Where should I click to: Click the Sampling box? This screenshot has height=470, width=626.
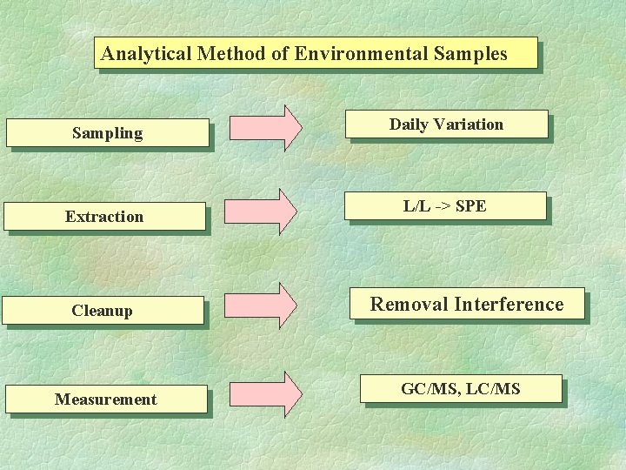pyautogui.click(x=108, y=133)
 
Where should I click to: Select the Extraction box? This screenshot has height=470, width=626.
pyautogui.click(x=104, y=217)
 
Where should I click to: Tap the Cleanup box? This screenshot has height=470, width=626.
pyautogui.click(x=103, y=311)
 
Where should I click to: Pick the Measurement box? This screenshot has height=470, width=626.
pyautogui.click(x=106, y=399)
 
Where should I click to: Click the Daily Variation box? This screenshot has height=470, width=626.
pyautogui.click(x=447, y=124)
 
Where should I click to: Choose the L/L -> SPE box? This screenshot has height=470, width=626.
pyautogui.click(x=445, y=206)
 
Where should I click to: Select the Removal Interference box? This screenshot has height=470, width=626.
pyautogui.click(x=467, y=304)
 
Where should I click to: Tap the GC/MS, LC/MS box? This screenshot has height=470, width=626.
pyautogui.click(x=461, y=389)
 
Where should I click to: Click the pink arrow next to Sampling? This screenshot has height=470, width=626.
pyautogui.click(x=266, y=128)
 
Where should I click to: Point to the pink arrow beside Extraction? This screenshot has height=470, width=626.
pyautogui.click(x=261, y=211)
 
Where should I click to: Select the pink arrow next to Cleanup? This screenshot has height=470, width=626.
pyautogui.click(x=261, y=305)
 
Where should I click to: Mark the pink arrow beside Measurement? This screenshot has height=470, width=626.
pyautogui.click(x=266, y=394)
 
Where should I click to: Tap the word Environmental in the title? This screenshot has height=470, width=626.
pyautogui.click(x=361, y=53)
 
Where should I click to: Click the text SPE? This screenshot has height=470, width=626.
pyautogui.click(x=470, y=206)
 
